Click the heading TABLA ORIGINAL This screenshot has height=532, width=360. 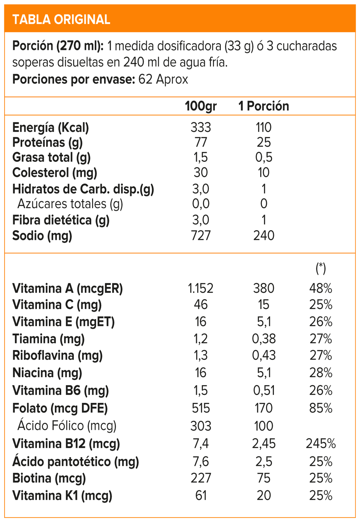(61, 19)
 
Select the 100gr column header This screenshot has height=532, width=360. (201, 106)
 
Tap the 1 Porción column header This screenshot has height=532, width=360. (264, 106)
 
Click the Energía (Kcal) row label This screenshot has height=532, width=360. (51, 127)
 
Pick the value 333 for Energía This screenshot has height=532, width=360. (201, 127)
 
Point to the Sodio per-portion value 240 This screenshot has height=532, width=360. (264, 235)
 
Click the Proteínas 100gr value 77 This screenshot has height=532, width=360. (201, 142)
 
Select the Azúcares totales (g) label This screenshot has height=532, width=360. (70, 204)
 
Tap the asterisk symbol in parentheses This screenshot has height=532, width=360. (321, 268)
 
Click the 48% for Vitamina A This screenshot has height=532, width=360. (321, 288)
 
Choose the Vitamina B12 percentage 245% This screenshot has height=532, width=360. (321, 444)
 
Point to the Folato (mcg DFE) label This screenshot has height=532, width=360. (60, 408)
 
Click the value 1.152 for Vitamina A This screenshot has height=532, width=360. (201, 288)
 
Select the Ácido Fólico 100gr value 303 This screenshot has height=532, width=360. (201, 426)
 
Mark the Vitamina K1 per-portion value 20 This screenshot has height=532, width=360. (264, 496)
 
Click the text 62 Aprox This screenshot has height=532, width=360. (163, 80)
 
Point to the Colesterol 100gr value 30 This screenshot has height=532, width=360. (201, 172)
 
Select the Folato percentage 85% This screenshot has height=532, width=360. (321, 408)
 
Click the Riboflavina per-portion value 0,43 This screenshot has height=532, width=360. (264, 355)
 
